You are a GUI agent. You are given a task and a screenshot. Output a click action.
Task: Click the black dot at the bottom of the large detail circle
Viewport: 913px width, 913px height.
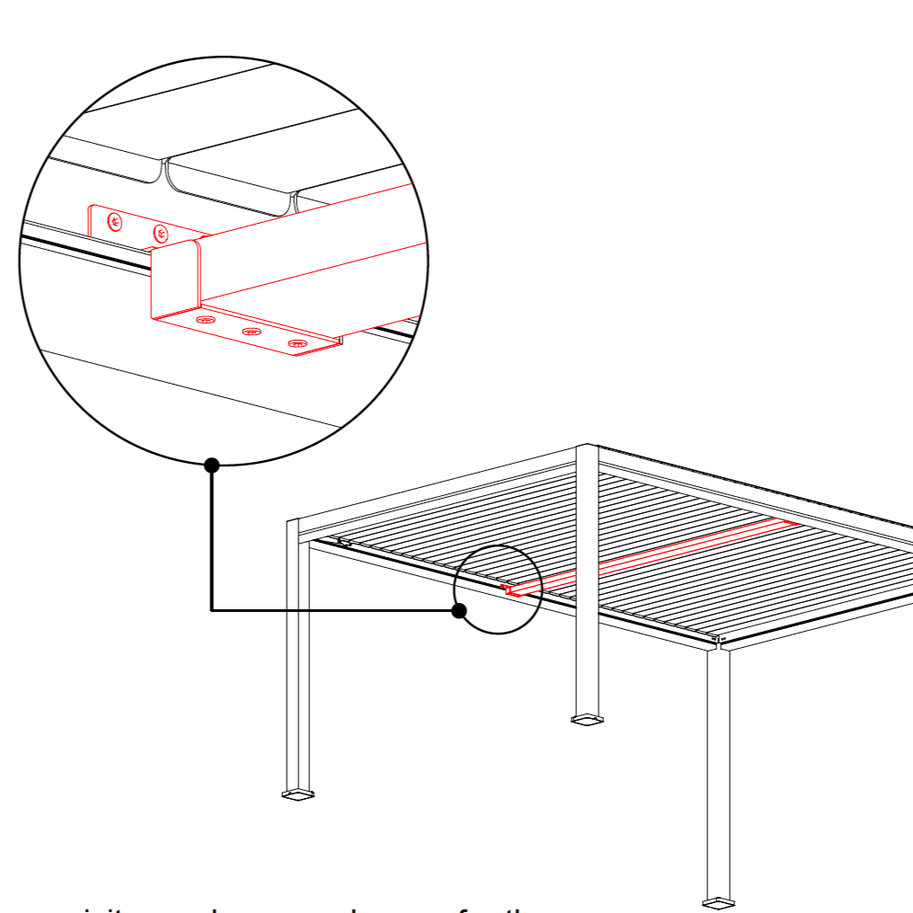pyautogui.click(x=212, y=465)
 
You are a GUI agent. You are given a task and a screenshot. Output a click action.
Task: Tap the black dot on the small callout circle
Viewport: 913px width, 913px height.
pyautogui.click(x=459, y=610)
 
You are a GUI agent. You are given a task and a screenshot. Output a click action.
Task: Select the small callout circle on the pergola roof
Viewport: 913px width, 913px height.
pyautogui.click(x=498, y=589)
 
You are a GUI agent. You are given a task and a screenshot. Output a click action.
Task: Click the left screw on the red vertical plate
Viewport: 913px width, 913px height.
pyautogui.click(x=114, y=221)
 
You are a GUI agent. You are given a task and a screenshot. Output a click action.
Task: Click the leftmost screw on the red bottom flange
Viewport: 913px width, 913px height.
pyautogui.click(x=206, y=319)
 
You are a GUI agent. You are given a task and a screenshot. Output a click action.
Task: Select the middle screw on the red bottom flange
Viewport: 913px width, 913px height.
pyautogui.click(x=252, y=332)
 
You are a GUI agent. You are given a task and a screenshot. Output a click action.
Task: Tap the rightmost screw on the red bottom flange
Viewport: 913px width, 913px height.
pyautogui.click(x=297, y=343)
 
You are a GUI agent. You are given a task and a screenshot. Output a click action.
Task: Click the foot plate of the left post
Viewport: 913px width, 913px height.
pyautogui.click(x=298, y=793)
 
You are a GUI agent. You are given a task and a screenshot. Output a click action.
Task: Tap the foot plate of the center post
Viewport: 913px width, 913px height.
pyautogui.click(x=588, y=719)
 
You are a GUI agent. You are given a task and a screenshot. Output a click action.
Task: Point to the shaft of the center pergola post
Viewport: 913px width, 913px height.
pyautogui.click(x=587, y=593)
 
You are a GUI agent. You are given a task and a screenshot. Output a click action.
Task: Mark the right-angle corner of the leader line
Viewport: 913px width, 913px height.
pyautogui.click(x=212, y=610)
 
